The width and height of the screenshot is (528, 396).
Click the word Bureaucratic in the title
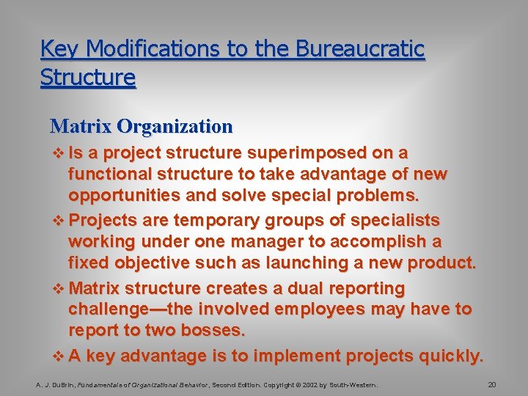(360, 49)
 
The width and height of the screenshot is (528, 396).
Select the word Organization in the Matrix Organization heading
(175, 126)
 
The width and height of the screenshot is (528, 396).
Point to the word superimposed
(309, 153)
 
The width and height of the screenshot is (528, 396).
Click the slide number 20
(492, 384)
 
